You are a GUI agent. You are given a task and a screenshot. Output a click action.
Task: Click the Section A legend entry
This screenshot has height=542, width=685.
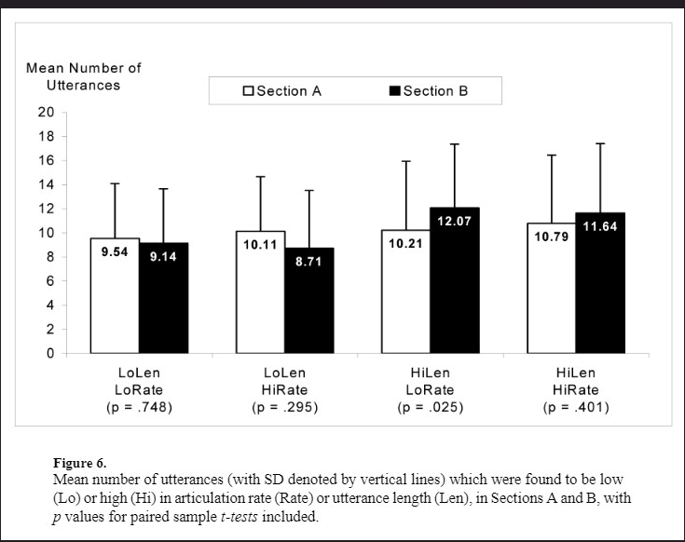pyautogui.click(x=282, y=91)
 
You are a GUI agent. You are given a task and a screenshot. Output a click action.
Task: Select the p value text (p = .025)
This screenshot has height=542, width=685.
pyautogui.click(x=432, y=408)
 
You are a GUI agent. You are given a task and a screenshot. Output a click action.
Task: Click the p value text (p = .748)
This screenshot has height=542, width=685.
pyautogui.click(x=140, y=408)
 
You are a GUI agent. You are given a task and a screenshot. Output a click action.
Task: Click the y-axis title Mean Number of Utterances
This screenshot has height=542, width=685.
pyautogui.click(x=84, y=76)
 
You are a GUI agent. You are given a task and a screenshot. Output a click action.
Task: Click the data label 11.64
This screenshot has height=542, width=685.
pyautogui.click(x=598, y=226)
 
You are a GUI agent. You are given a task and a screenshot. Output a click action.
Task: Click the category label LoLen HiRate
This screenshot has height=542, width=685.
pyautogui.click(x=284, y=382)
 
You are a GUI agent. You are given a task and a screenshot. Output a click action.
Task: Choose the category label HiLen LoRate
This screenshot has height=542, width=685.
pyautogui.click(x=432, y=382)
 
